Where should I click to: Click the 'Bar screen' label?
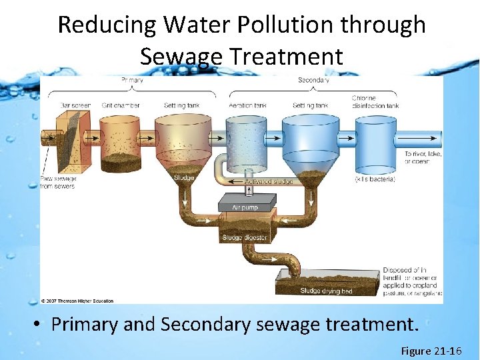pos(75,105)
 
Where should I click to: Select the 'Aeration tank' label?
pos(247,105)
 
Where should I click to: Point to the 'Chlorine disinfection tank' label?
pos(375,102)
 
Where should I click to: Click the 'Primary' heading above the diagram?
pos(133,80)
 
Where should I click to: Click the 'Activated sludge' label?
pos(269,181)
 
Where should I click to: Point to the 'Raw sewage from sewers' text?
pos(59,182)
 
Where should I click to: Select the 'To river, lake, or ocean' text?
pos(423,157)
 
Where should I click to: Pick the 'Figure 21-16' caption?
pos(431,351)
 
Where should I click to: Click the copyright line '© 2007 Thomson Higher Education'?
pos(77,301)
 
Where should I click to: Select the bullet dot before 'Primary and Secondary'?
pos(39,325)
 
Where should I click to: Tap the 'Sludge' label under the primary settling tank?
pos(184,178)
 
